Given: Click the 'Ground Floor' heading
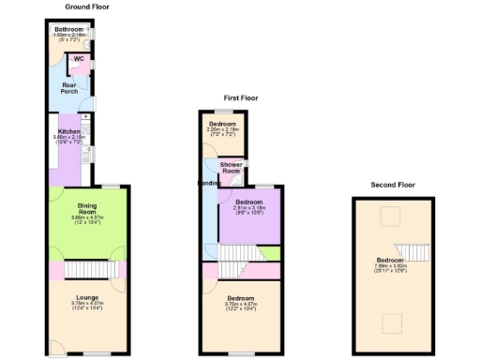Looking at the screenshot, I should point(87,7).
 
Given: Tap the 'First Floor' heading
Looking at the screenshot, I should point(240,97).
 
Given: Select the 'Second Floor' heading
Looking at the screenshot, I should point(393,185).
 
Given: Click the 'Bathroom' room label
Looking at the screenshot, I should point(67,30).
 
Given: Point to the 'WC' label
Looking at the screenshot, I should point(79,59).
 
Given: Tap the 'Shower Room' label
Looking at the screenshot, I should point(231,167).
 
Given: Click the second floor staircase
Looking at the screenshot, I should point(412,249).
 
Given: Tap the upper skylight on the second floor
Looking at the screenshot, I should point(385,217).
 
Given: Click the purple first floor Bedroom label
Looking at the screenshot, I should point(248,202).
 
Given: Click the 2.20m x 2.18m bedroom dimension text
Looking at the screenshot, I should point(222,130).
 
